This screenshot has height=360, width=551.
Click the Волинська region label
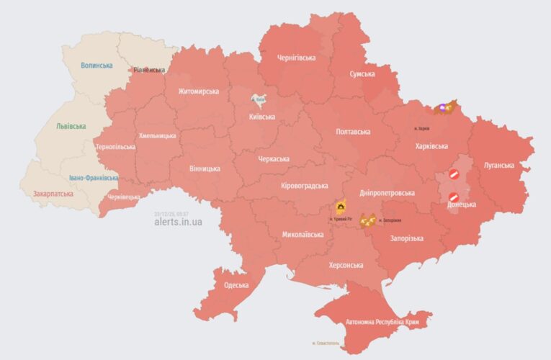coord(97,66)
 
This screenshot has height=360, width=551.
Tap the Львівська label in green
coord(71,126)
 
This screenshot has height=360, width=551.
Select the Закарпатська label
coord(53,194)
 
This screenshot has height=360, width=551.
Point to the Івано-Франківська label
coord(94,178)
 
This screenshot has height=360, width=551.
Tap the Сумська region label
coord(362,74)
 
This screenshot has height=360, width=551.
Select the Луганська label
coord(498,165)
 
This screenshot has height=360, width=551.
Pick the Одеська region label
coord(236,285)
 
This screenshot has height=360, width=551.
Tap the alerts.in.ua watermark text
coord(178,222)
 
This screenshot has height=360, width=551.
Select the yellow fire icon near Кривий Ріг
coord(339,208)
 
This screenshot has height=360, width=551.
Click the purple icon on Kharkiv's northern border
coord(442,108)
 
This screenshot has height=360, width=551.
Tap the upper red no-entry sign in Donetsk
coord(454,174)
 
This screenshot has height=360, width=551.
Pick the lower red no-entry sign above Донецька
coord(454,197)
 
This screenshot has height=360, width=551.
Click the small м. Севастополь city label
coord(328,343)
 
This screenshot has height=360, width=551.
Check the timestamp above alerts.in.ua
coord(171,214)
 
